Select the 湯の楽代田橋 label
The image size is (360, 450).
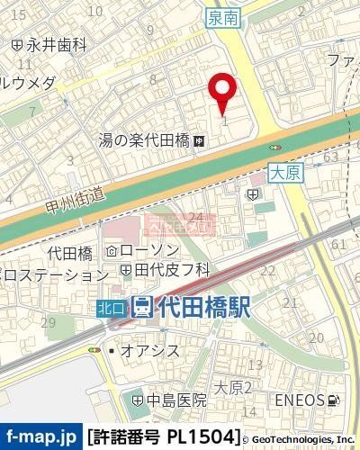click(144, 140)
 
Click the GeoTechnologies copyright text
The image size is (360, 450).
click(301, 437)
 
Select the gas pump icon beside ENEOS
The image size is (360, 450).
click(335, 399)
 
